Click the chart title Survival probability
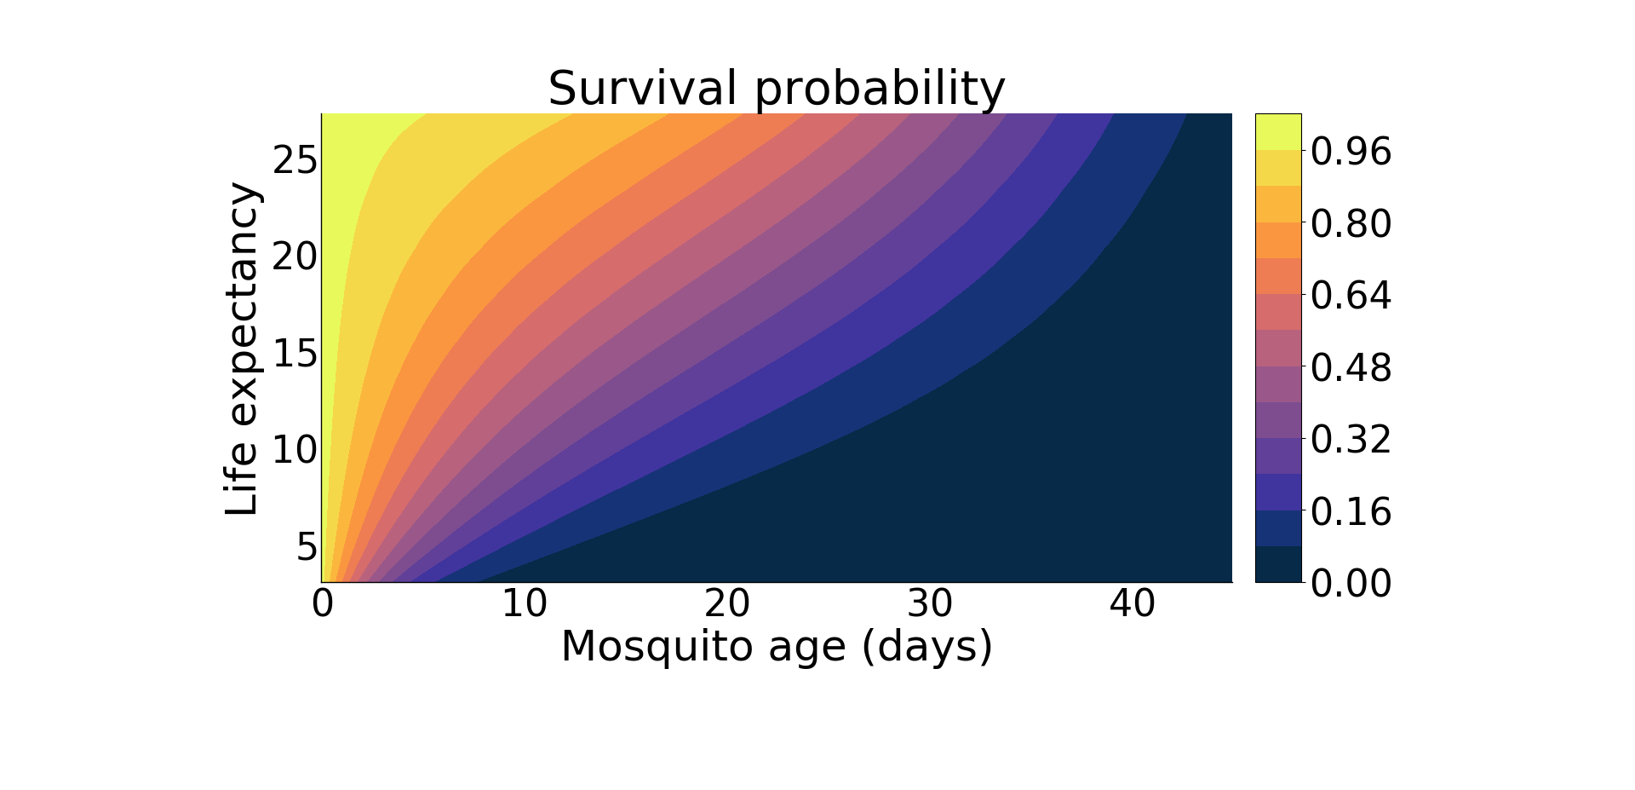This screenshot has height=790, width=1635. click(x=777, y=89)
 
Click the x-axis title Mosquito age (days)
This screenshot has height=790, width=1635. click(x=777, y=647)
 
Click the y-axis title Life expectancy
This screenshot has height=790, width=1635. click(x=242, y=349)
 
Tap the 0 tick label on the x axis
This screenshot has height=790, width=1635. click(x=322, y=604)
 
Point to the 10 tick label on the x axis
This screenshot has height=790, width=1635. click(x=524, y=604)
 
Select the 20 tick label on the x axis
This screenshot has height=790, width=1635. click(x=726, y=604)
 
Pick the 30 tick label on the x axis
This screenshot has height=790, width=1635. click(x=929, y=604)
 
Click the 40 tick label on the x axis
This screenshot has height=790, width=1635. click(x=1132, y=604)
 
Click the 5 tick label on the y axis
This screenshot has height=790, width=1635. click(x=307, y=547)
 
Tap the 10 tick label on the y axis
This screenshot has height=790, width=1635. click(x=295, y=450)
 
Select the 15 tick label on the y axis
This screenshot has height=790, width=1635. click(x=295, y=354)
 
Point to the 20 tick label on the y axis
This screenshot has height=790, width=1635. click(x=295, y=257)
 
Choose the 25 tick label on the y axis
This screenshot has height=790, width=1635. click(x=295, y=160)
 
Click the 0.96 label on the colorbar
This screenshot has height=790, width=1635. click(x=1351, y=152)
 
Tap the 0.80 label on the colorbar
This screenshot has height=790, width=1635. click(x=1351, y=224)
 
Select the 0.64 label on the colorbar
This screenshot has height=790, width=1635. click(x=1351, y=296)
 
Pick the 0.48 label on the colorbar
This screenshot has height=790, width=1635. click(x=1351, y=368)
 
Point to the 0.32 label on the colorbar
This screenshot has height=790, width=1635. click(x=1351, y=440)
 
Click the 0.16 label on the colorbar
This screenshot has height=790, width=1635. click(x=1351, y=512)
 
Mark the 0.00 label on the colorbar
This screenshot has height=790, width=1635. click(x=1351, y=584)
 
